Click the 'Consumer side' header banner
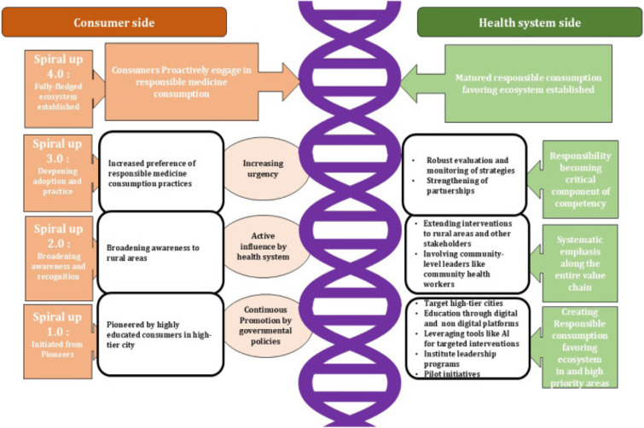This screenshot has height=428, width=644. pyautogui.click(x=113, y=22)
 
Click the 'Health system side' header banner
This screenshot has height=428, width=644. pyautogui.click(x=529, y=22)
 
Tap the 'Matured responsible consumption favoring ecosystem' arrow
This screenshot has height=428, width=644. pyautogui.click(x=537, y=84)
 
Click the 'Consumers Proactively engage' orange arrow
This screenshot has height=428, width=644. pyautogui.click(x=200, y=84)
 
